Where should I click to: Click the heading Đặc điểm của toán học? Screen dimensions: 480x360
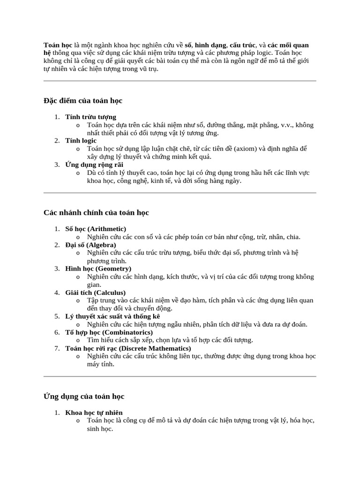[83, 101]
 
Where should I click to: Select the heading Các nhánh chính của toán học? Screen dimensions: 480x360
[96, 213]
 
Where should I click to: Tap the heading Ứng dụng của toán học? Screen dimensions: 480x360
[84, 397]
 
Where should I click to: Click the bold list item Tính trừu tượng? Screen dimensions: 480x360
[91, 117]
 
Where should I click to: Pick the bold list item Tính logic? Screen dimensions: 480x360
[81, 141]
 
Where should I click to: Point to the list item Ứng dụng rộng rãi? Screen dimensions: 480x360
[94, 165]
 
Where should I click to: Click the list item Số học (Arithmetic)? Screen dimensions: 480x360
[96, 229]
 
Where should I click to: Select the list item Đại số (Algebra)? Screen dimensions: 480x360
[91, 245]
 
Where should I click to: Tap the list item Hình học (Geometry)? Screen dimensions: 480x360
[98, 269]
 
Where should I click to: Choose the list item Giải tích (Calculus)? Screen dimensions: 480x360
[96, 292]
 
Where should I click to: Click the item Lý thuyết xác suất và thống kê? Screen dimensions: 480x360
[112, 316]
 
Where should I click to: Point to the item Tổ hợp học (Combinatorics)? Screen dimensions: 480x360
[103, 332]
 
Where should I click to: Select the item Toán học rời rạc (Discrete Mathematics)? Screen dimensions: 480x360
[128, 348]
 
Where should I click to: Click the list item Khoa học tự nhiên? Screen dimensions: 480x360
[94, 412]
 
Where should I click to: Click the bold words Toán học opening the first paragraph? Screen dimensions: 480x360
[58, 45]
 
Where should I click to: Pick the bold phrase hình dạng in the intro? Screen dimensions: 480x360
[210, 45]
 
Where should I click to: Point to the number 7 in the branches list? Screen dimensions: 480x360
[56, 348]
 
